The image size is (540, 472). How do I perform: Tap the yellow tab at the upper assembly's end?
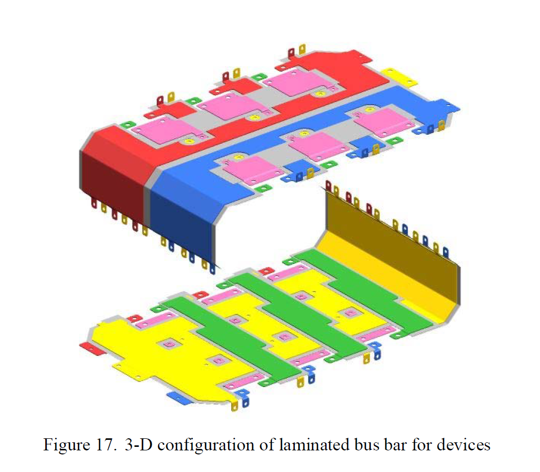399,77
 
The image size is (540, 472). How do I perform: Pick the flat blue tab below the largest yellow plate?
176,397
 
